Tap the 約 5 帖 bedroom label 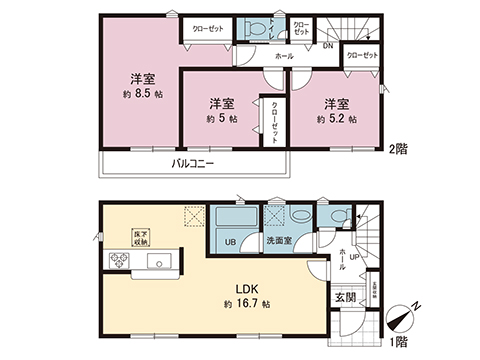tap(222, 118)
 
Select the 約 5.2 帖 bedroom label tap(336, 118)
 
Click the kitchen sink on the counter tap(160, 262)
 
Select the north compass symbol tap(402, 320)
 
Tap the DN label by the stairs tap(327, 46)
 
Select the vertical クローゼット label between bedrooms tap(273, 121)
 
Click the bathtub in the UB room tap(233, 222)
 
